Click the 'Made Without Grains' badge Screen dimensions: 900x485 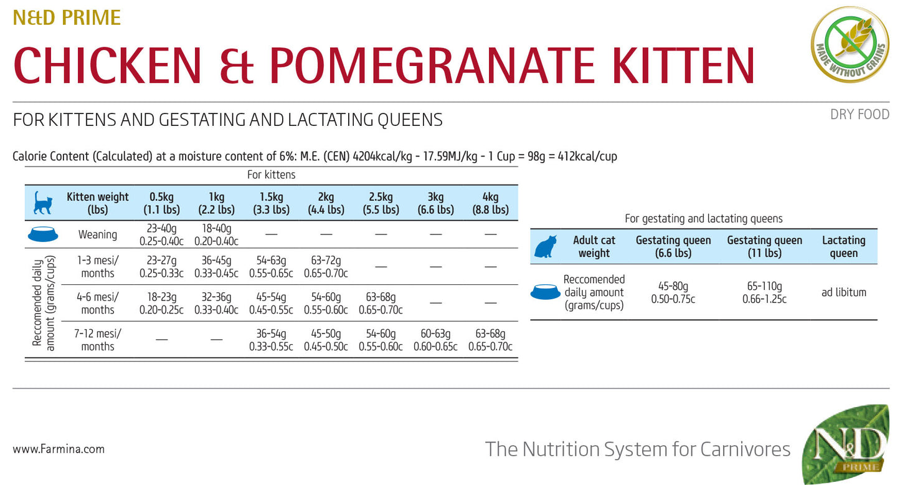coord(850,44)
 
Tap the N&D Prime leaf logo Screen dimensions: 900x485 coord(845,444)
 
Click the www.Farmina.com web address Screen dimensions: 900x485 coord(59,449)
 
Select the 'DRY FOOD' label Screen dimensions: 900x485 coord(860,115)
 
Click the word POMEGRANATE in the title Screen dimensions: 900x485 coord(432,65)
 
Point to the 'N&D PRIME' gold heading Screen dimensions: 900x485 coord(67,17)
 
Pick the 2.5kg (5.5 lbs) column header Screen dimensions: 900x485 coord(381,203)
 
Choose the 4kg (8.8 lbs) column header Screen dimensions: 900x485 coord(490,203)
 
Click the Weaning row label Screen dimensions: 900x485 coord(98,234)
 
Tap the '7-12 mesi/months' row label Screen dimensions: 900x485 coord(98,340)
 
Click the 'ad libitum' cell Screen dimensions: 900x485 coord(844,292)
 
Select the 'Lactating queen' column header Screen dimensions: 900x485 coord(844,246)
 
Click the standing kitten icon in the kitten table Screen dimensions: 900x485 coord(43,203)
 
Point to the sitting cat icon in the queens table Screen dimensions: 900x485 coord(546,246)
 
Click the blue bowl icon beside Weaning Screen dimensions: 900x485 coord(43,234)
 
